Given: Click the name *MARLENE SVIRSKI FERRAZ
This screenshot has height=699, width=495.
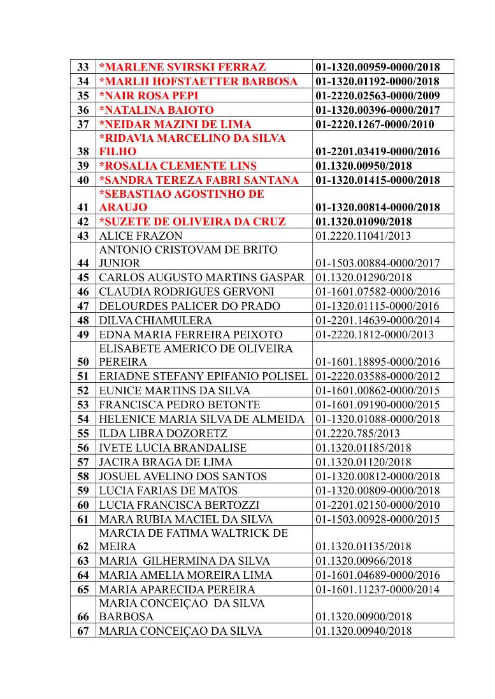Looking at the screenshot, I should coord(182,67).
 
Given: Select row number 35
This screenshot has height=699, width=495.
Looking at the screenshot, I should coord(83,96).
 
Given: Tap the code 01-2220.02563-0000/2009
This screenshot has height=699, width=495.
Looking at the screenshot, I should coord(377,96).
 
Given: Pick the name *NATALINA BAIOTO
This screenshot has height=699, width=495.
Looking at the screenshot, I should coord(156,110).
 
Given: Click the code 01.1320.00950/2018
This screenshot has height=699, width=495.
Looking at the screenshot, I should coord(364,166).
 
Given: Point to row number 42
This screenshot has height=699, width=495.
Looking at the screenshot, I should coord(83,222).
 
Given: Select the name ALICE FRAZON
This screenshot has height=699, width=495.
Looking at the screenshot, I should coord(133,236).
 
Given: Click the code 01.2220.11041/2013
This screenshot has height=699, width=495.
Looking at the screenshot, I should coord(363,236).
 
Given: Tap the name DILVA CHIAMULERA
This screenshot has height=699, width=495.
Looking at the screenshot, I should coord(155,320).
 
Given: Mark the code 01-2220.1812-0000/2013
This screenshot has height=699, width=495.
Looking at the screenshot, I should coord(375,335).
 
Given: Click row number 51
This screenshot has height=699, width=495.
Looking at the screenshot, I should coord(83,376).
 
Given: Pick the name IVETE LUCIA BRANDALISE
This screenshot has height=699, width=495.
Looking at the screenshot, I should coord(173,448).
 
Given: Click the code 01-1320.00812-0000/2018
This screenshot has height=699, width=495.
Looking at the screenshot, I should coord(377,476).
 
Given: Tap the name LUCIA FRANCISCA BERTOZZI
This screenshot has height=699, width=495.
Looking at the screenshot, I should coord(179,505).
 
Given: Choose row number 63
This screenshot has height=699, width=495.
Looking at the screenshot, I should coord(83,561).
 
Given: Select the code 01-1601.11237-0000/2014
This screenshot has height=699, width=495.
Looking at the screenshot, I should coord(377,590).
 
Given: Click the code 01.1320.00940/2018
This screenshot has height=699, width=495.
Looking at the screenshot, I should coord(363,631).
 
